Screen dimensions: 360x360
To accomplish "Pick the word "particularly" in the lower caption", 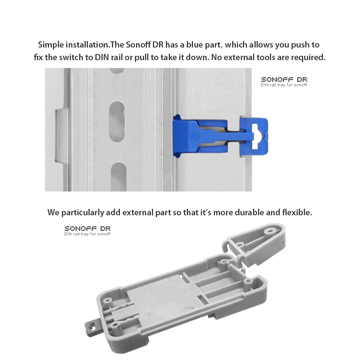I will pyautogui.click(x=82, y=212).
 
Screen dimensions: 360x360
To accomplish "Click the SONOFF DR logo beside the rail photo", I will pyautogui.click(x=284, y=81).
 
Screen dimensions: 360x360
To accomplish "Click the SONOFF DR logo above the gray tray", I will pyautogui.click(x=87, y=230).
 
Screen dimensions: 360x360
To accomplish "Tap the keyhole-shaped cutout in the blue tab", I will pyautogui.click(x=258, y=136).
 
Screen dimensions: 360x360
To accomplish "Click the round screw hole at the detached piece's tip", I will pyautogui.click(x=269, y=229).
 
